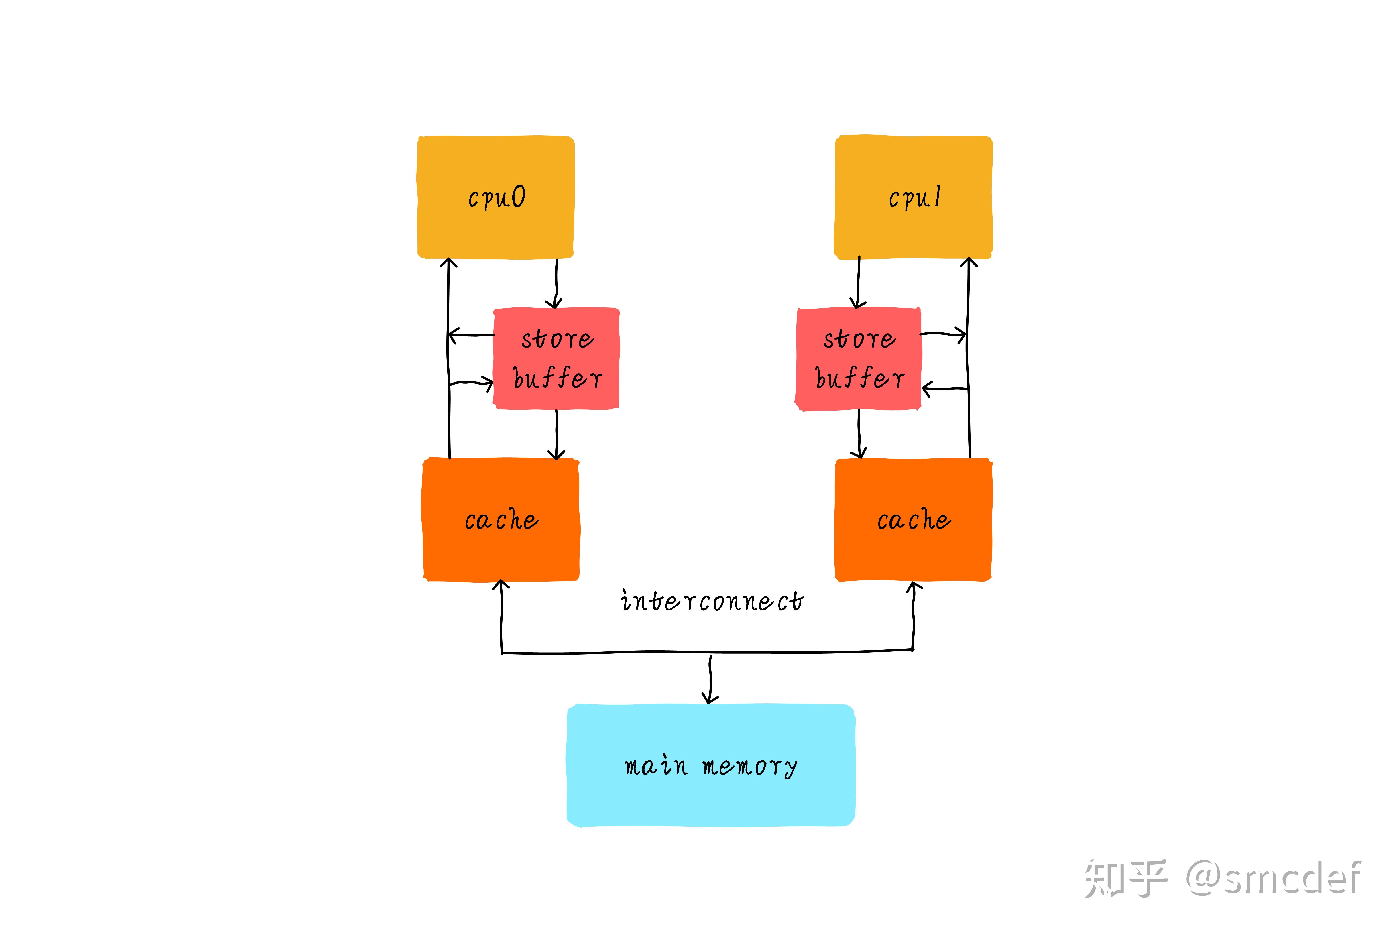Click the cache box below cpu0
point(500,519)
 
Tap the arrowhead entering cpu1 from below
point(968,263)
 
